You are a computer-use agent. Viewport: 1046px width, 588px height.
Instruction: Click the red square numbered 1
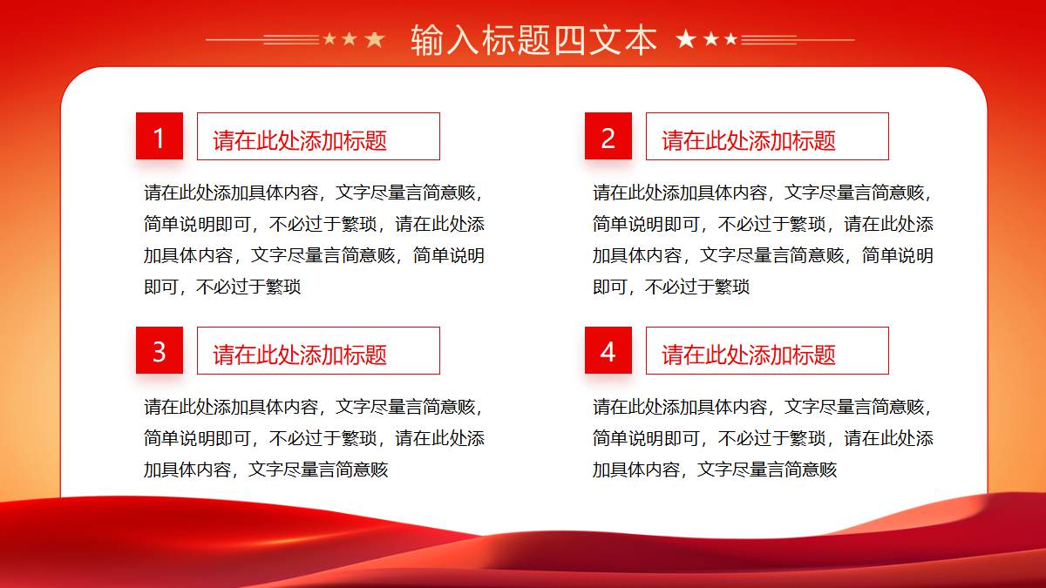(160, 136)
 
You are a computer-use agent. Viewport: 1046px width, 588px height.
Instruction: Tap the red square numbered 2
(608, 136)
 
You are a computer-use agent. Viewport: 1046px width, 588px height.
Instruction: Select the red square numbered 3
(160, 350)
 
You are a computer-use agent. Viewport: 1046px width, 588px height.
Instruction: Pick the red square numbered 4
(608, 350)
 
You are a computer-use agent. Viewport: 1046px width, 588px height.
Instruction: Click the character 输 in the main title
(427, 40)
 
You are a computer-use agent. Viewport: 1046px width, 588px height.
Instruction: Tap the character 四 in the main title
(569, 40)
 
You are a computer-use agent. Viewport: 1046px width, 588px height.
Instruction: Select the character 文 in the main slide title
(605, 40)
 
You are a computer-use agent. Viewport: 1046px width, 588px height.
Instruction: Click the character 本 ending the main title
(640, 40)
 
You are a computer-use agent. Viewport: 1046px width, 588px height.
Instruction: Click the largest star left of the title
(375, 40)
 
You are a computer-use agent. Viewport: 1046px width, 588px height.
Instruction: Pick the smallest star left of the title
(329, 38)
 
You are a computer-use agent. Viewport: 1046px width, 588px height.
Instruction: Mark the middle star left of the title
(350, 38)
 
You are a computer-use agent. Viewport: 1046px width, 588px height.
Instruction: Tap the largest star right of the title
(685, 39)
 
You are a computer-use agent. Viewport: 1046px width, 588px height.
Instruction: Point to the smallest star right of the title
(731, 39)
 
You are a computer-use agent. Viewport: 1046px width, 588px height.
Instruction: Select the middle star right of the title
(711, 39)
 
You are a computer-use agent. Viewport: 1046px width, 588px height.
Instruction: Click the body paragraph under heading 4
(763, 438)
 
